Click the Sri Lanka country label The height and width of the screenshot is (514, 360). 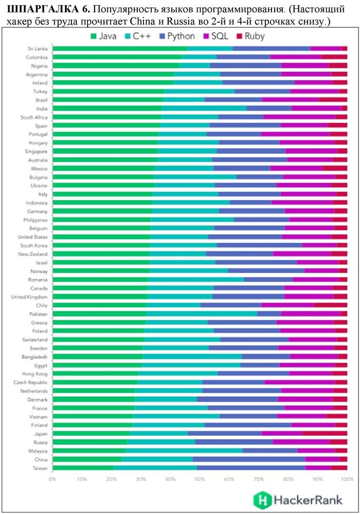(38, 48)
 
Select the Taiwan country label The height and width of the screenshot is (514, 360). (40, 468)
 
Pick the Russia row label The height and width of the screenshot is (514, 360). (40, 442)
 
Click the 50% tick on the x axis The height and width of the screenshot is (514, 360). (200, 479)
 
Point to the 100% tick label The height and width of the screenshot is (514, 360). (347, 479)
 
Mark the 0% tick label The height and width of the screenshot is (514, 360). (52, 479)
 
